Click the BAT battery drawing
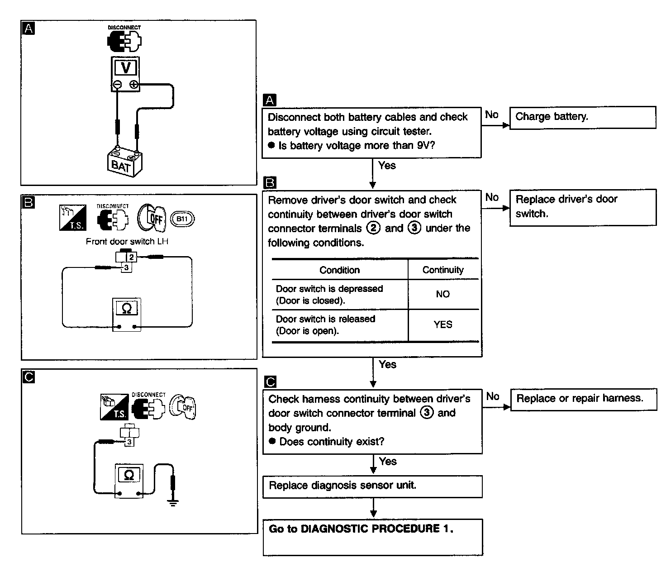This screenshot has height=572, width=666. [x=124, y=162]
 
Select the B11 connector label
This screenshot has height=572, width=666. [x=182, y=219]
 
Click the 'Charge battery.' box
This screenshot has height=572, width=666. [x=582, y=117]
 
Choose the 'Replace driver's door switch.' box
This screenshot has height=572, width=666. [x=582, y=207]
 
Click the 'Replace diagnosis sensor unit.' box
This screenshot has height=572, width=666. [x=372, y=486]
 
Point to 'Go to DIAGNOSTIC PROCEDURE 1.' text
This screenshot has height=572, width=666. [x=361, y=529]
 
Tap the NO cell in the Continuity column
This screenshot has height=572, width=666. [x=443, y=294]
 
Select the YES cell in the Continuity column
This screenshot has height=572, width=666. [x=443, y=324]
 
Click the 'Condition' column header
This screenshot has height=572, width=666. [x=339, y=270]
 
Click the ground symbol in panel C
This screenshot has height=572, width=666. [x=173, y=501]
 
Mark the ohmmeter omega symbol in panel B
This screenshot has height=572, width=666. [x=127, y=309]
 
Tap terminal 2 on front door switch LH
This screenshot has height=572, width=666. [x=131, y=257]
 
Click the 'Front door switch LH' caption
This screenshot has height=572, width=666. [x=127, y=242]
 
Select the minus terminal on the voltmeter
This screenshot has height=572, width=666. [x=117, y=84]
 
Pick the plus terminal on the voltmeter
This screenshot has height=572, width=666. [x=134, y=84]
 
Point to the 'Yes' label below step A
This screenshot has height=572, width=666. [x=387, y=166]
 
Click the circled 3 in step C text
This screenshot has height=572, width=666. [x=427, y=413]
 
